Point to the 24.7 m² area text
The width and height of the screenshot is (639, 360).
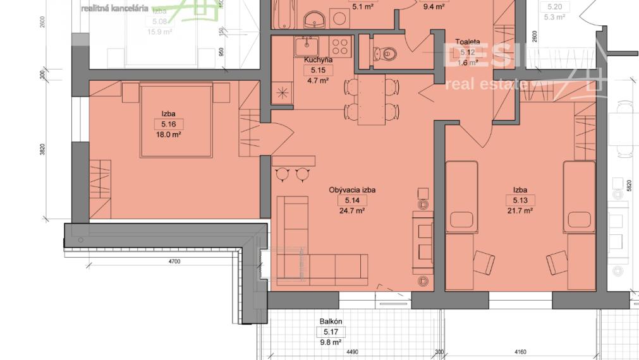click(348, 211)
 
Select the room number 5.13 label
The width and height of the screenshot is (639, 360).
click(520, 200)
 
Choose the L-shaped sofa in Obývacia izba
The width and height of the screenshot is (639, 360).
click(303, 253)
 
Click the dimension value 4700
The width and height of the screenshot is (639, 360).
click(174, 261)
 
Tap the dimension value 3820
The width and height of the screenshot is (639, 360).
click(42, 150)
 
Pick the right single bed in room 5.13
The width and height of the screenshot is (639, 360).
click(579, 196)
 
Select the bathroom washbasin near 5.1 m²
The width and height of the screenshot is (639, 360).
click(314, 22)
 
